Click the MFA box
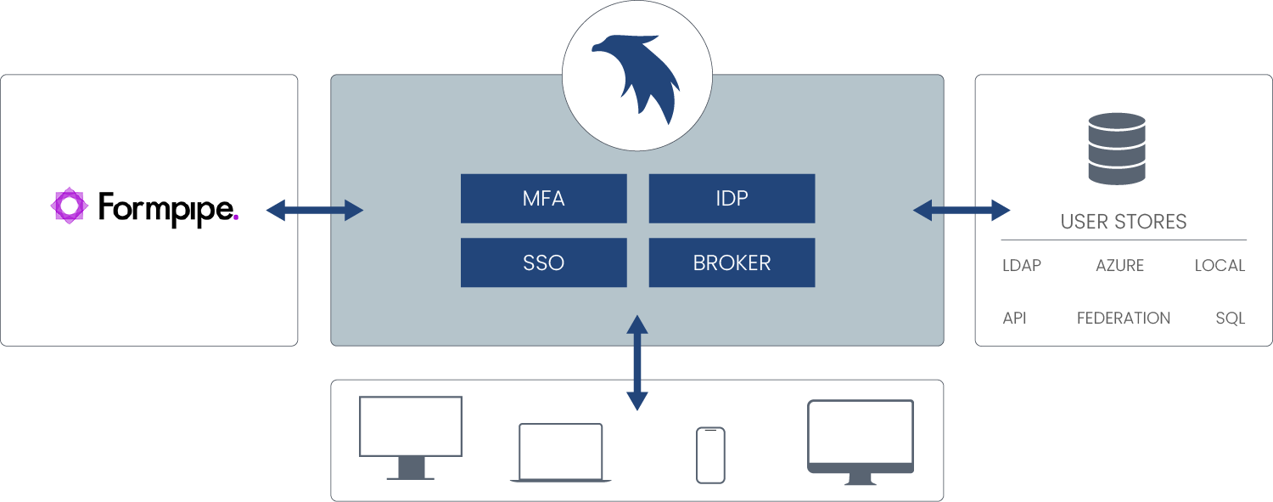(543, 199)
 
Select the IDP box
(732, 199)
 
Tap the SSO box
(543, 262)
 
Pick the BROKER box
(732, 262)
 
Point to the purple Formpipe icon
(69, 206)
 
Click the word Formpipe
(168, 208)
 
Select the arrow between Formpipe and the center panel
(315, 211)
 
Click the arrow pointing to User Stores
(961, 211)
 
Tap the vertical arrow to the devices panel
(636, 363)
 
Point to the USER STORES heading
(1123, 223)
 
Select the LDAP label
(1021, 266)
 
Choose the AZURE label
(1119, 266)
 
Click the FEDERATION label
(1123, 319)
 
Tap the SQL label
(1230, 319)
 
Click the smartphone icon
(710, 455)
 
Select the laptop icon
(560, 453)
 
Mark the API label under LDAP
(1014, 319)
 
